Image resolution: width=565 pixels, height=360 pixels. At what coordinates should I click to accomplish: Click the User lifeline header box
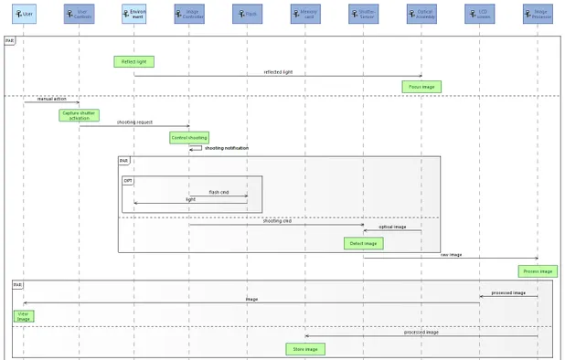coord(24,14)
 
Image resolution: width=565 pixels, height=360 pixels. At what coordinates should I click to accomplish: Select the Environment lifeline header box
coord(134,14)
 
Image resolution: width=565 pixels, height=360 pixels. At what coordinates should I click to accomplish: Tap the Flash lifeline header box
coord(247,14)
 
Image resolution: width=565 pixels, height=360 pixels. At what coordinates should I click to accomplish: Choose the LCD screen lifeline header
coord(480,14)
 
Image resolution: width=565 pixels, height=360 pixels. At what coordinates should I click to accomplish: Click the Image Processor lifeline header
coord(538,14)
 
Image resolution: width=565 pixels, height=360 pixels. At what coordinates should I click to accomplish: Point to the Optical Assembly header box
coord(421,14)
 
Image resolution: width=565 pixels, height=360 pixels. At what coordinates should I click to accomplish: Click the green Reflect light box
coord(133,61)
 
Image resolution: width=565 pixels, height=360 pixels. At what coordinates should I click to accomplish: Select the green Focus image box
coord(421,87)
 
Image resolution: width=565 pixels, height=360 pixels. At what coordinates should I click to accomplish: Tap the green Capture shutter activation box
coord(80,115)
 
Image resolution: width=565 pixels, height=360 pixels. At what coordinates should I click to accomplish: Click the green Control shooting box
coord(189,138)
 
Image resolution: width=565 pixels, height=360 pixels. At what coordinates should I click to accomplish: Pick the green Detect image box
coord(364,243)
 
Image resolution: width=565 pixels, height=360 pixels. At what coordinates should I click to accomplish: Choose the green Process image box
coord(538,270)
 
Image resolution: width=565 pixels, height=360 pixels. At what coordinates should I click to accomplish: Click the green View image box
coord(24,316)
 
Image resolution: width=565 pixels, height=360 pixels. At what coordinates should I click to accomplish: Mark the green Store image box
coord(304,349)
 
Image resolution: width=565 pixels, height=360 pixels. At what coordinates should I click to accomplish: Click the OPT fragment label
coord(128,180)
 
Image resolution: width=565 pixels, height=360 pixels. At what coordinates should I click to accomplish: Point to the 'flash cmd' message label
coord(219,192)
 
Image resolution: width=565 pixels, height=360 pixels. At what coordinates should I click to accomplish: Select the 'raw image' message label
coord(451,255)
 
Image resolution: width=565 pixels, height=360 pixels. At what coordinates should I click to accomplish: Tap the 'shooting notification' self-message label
coord(226,148)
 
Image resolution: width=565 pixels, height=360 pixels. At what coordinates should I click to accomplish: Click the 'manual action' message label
coord(52,99)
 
